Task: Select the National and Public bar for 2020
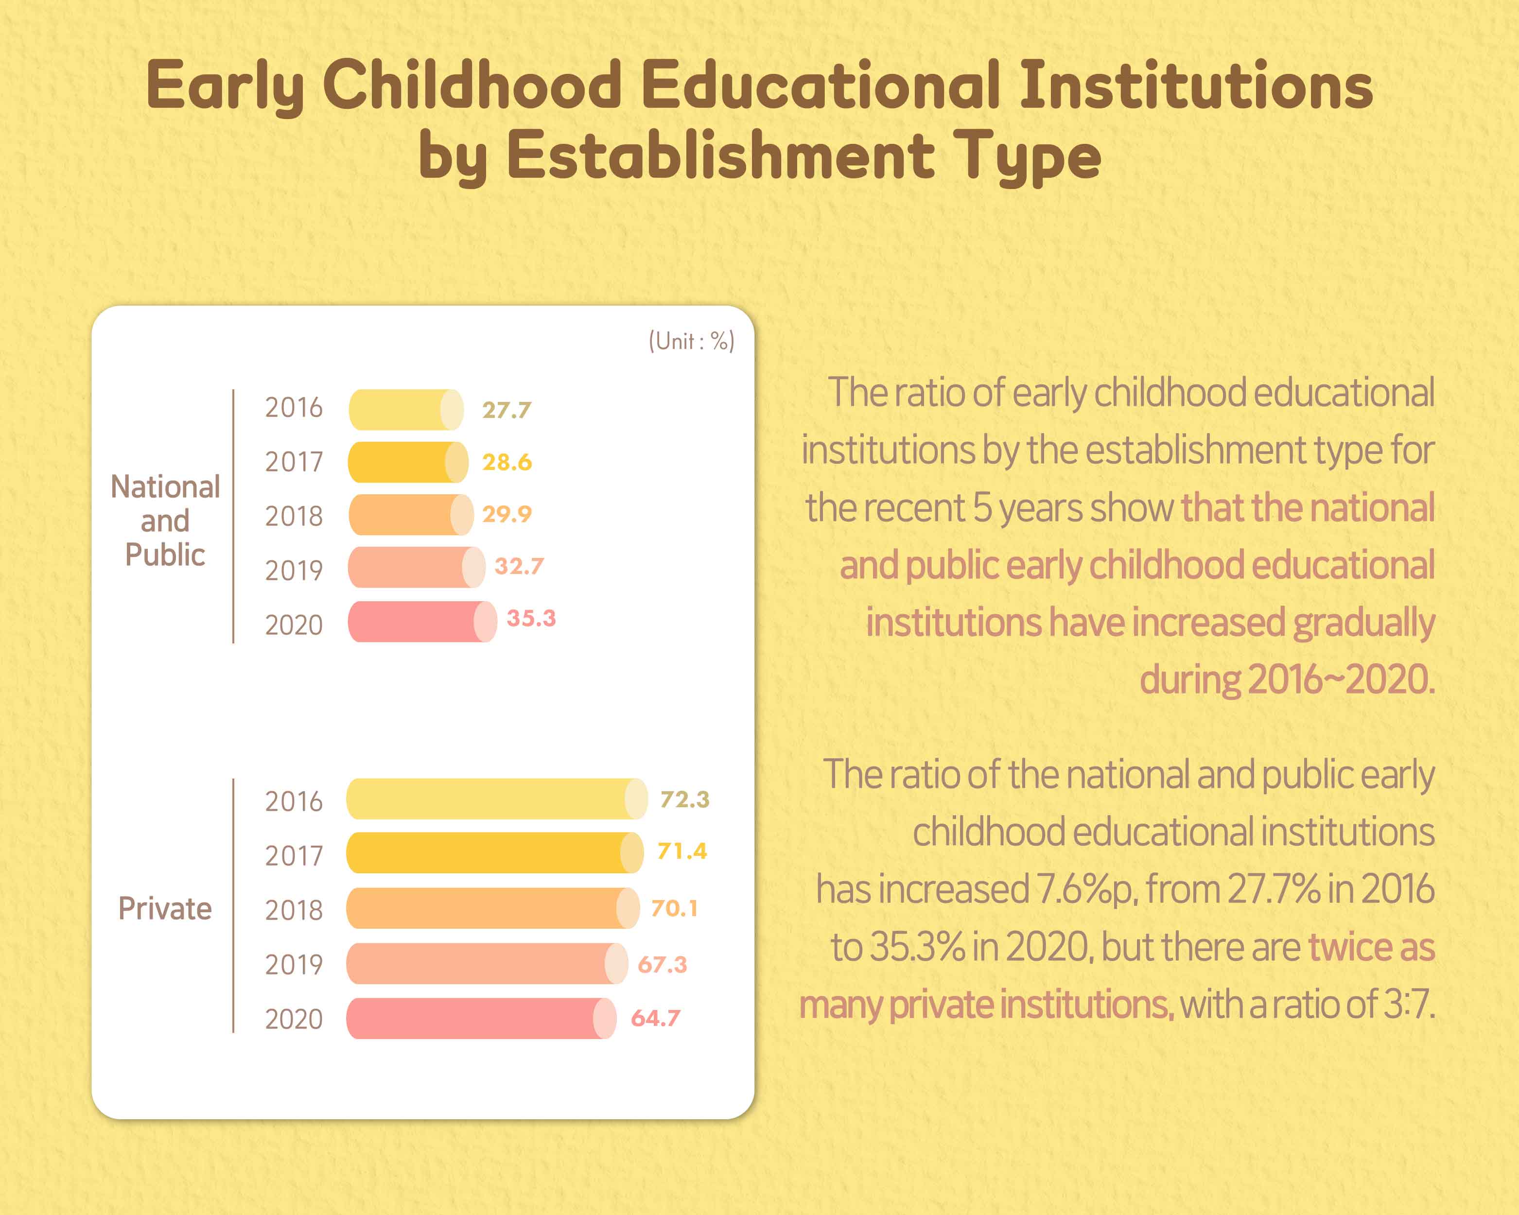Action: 422,621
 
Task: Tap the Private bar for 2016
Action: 496,798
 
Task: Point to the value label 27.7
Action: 506,410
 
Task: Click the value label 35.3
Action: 531,618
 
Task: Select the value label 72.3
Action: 684,799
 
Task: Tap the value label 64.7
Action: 655,1018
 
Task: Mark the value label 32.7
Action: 519,566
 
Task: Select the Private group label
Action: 165,909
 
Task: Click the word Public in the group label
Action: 165,555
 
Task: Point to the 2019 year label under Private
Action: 294,964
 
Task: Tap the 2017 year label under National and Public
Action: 294,462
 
